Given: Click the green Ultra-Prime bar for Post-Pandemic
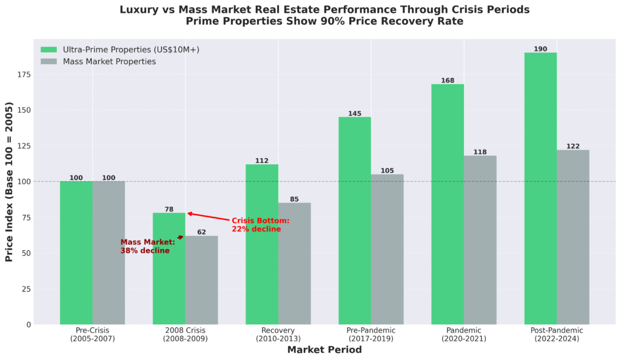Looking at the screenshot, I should coord(540,188).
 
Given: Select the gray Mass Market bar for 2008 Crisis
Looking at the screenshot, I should coord(201,280).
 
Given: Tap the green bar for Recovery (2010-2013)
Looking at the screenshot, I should coord(262,244).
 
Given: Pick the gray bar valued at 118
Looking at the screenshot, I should coord(480,240).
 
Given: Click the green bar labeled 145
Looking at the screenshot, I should coord(355,221).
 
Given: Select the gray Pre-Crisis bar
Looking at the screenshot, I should coord(109,253).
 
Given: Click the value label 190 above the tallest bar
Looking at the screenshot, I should coord(540,49).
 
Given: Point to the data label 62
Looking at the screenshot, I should coord(201,232).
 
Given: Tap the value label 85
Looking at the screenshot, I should coord(294,199).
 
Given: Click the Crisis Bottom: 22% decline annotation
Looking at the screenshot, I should coord(260,225).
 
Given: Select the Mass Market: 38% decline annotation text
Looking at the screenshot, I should coord(147,246).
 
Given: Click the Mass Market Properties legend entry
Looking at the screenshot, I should coord(109,61).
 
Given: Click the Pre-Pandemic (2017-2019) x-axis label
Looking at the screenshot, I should coord(371,335).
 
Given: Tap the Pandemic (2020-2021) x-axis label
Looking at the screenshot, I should coord(463,335).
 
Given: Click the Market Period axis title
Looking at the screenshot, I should coord(324,350).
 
